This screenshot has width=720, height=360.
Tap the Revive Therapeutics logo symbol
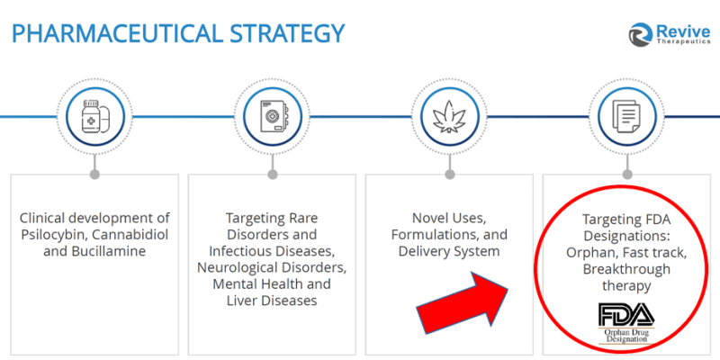(641, 34)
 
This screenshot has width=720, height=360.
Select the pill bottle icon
(94, 118)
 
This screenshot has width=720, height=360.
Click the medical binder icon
(273, 117)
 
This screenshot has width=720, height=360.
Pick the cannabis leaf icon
(449, 117)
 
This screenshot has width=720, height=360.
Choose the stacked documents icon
(627, 118)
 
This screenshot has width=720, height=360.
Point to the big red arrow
(462, 304)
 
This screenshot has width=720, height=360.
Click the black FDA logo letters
(626, 314)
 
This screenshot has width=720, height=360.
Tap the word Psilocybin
(55, 235)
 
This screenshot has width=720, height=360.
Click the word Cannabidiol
(130, 235)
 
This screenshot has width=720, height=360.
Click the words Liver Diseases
(272, 301)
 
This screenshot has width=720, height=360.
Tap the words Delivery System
(449, 251)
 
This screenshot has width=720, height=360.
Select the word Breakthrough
(626, 269)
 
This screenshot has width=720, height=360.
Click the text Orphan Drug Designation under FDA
(626, 336)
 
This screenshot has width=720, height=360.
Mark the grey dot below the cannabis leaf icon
(450, 175)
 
